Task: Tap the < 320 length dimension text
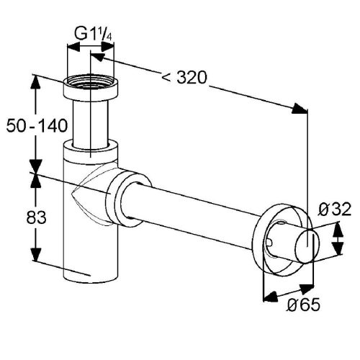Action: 185,78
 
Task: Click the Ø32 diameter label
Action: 335,210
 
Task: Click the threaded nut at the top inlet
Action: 90,91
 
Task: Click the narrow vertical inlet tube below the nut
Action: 90,122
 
